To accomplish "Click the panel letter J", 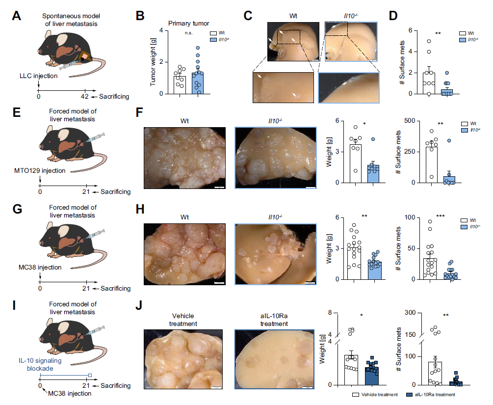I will (x=139, y=306).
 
